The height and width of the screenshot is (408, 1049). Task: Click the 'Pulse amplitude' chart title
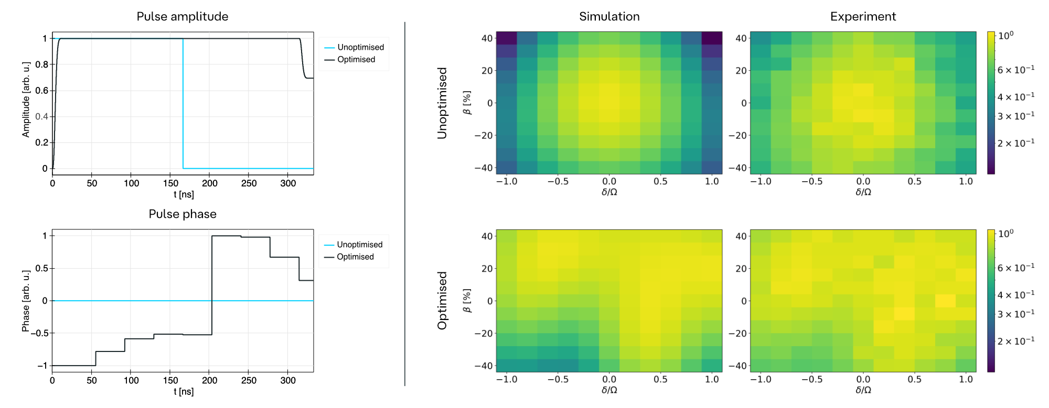tap(183, 16)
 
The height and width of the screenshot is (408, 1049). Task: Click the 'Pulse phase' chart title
tap(183, 214)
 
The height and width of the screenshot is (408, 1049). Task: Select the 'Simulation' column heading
tap(609, 17)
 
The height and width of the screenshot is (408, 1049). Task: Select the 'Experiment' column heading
tap(863, 17)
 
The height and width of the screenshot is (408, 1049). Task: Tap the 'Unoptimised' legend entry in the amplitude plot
tap(360, 47)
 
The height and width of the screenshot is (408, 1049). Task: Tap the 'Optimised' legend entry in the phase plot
tap(355, 257)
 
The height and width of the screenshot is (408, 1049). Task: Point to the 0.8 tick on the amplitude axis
tap(42, 64)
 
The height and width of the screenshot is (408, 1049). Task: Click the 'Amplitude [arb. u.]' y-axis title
tap(26, 100)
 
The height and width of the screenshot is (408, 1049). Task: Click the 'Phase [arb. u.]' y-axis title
tap(26, 301)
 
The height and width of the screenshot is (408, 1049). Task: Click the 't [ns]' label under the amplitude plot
tap(184, 194)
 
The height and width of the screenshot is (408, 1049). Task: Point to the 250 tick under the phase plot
tap(249, 380)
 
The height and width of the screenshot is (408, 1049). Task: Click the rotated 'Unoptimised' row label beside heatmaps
tap(442, 103)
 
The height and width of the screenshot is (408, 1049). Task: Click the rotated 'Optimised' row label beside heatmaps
tap(442, 301)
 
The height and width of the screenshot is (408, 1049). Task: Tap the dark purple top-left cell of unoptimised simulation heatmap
tap(507, 38)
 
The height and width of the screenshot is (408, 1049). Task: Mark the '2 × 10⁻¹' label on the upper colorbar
tap(1015, 143)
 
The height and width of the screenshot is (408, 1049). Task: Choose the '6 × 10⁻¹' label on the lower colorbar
tap(1015, 268)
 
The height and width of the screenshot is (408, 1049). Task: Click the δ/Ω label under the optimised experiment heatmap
tap(863, 390)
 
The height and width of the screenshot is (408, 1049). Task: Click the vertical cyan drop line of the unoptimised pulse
tap(183, 105)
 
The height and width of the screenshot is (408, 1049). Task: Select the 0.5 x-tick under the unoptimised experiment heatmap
tap(914, 181)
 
